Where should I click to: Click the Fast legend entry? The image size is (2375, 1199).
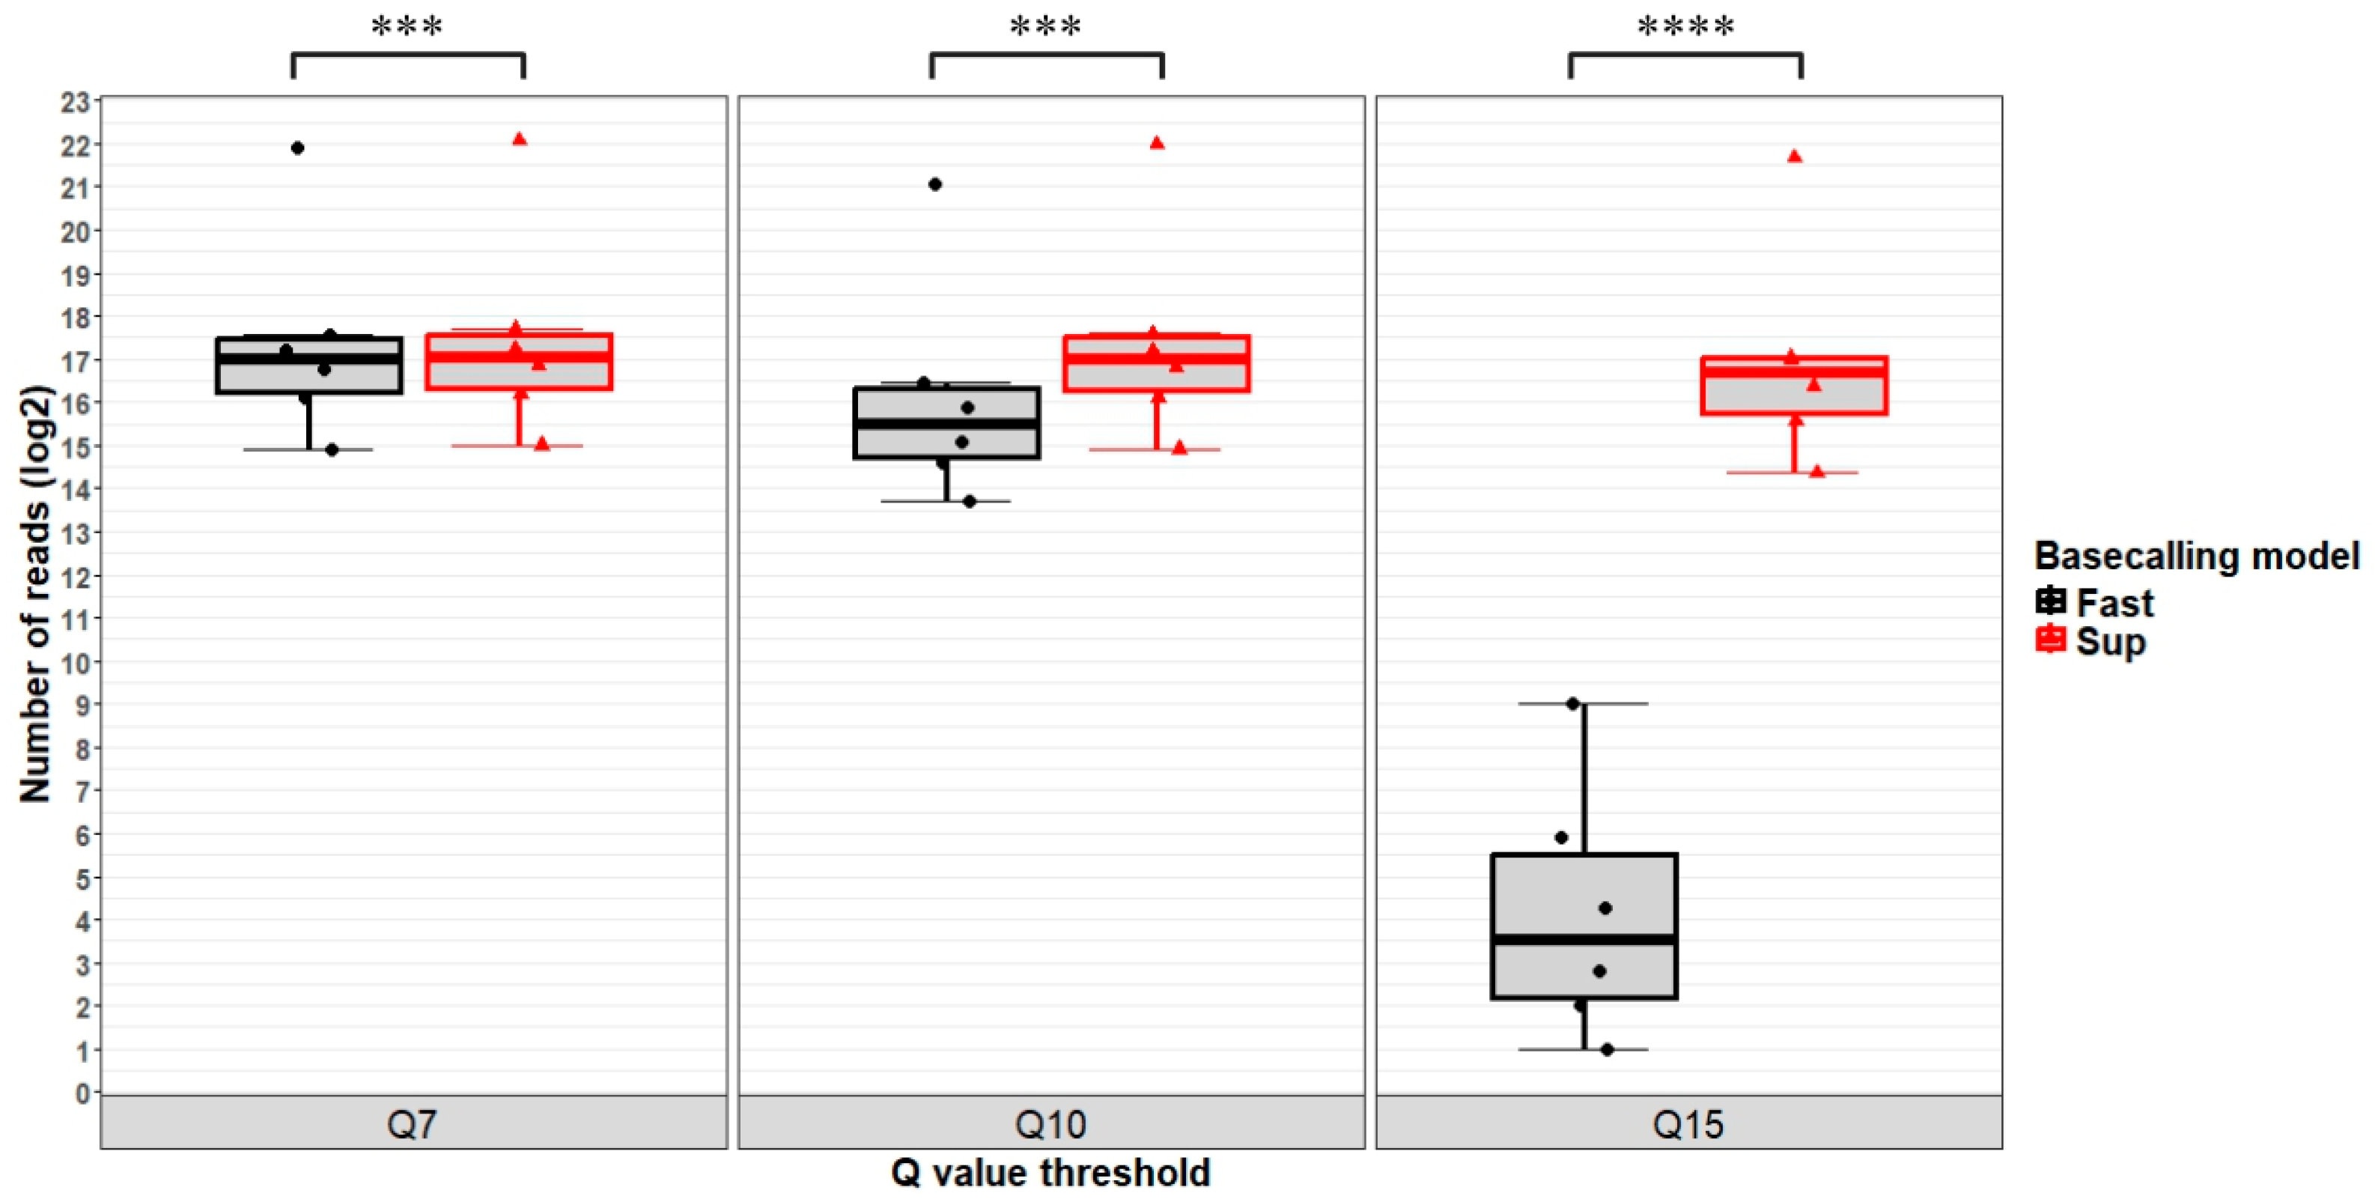coord(2093,603)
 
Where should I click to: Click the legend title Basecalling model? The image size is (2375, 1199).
coord(2196,556)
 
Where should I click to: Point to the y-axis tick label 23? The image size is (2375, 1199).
coord(75,103)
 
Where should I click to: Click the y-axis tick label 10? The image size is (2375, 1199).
coord(75,663)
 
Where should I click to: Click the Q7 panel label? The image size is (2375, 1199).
coord(412,1124)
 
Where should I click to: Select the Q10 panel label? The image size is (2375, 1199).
coord(1050,1124)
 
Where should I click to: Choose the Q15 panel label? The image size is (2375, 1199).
coord(1688,1124)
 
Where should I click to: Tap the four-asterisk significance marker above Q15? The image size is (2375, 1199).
coord(1685,27)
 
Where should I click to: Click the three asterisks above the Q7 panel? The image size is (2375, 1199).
coord(407,27)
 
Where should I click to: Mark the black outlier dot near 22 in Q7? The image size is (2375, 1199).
coord(298,148)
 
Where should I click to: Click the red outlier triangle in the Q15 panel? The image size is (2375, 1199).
coord(1794,157)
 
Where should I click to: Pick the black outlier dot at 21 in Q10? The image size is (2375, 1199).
coord(935,184)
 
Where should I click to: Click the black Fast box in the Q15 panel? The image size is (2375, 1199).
coord(1584,925)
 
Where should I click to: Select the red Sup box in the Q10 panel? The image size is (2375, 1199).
coord(1156,363)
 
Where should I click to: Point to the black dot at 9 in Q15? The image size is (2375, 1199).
coord(1573,704)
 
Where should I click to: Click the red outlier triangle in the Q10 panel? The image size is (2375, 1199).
coord(1157,143)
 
